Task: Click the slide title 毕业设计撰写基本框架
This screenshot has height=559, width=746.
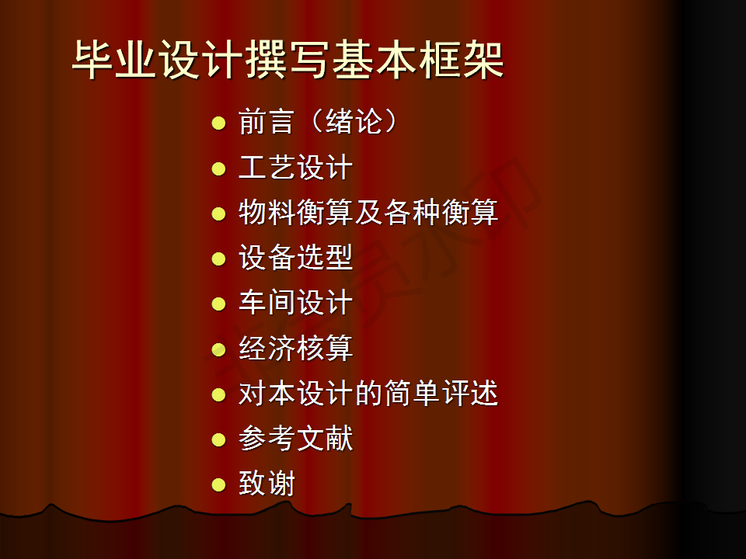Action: coord(288,60)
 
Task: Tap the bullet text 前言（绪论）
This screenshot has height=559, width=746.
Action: coord(318,122)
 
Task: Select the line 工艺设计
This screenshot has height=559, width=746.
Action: coord(295,168)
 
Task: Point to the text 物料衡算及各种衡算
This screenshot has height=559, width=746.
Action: coord(368,212)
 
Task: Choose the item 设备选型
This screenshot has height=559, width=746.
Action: coord(295,257)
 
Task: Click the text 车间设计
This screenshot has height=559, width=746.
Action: coord(295,302)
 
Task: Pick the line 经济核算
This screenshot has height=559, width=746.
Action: coord(295,348)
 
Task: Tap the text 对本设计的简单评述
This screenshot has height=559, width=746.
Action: coord(368,393)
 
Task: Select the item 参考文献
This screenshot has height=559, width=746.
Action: coord(295,438)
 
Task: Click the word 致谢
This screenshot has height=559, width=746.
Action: coord(267,483)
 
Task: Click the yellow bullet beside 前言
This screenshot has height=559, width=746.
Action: coord(218,123)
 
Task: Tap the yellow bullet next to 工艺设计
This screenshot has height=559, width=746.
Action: coord(218,168)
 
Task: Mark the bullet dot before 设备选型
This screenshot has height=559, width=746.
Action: coord(218,259)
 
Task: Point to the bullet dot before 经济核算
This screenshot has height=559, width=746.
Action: coord(218,349)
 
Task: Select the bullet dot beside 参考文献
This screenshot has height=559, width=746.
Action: coord(218,439)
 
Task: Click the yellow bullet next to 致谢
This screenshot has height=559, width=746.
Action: coord(218,484)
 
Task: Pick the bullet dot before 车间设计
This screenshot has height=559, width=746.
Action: coord(218,304)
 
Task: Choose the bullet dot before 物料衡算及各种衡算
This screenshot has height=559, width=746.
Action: coord(218,214)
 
